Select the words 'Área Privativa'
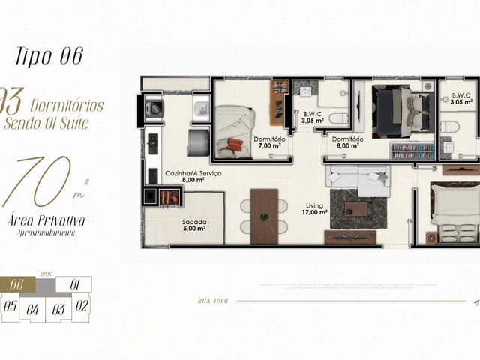[46, 220]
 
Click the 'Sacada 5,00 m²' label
[194, 226]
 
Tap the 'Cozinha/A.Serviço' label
[193, 176]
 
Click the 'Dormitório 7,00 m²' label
[268, 142]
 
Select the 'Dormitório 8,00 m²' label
[348, 142]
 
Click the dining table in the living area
[264, 216]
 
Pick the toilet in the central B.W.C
[337, 118]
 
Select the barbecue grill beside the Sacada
[169, 197]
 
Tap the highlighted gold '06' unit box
[18, 284]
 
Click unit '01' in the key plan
[74, 284]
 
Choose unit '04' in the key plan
[33, 308]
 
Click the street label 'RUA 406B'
[213, 301]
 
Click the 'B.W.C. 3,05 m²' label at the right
[461, 99]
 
